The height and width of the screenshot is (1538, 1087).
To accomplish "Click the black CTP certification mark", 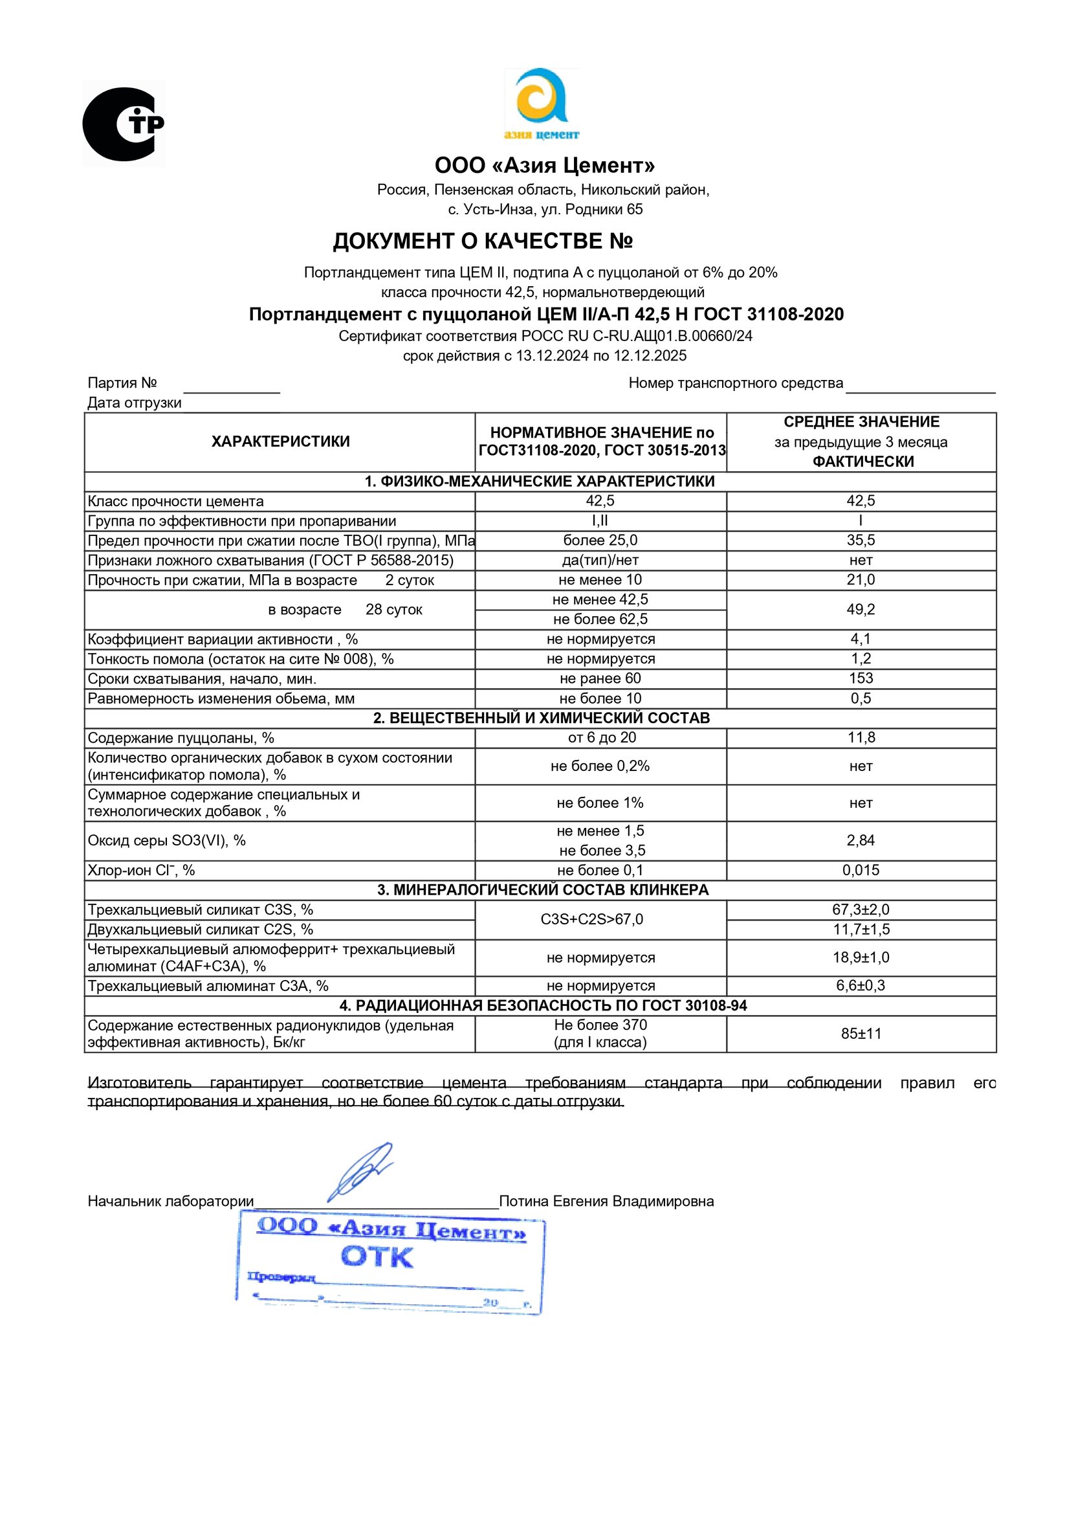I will [123, 124].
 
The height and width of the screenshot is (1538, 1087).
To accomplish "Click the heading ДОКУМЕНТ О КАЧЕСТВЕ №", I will [482, 241].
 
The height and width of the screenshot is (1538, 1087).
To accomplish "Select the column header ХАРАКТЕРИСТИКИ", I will [280, 441].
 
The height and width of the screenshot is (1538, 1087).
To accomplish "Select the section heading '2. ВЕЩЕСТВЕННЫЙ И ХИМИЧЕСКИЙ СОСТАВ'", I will [540, 718].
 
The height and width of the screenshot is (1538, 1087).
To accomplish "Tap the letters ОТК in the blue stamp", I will [377, 1256].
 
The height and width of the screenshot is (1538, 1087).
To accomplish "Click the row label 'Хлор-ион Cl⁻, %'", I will [141, 870].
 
